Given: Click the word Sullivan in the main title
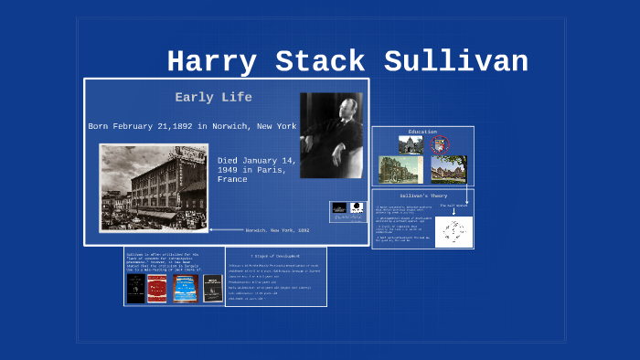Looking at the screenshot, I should tap(456, 62).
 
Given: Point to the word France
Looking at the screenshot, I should tap(233, 180).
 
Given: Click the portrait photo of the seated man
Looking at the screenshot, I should tap(330, 135).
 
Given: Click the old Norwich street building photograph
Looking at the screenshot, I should tap(154, 187).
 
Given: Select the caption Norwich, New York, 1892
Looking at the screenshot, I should tap(277, 230).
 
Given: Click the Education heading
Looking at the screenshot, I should tap(422, 132).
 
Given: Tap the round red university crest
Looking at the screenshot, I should tap(439, 144).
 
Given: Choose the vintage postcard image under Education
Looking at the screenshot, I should tap(395, 169).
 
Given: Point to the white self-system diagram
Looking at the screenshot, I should tap(453, 231).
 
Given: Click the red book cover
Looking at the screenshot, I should tap(157, 288).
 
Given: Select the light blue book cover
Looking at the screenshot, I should tap(187, 288).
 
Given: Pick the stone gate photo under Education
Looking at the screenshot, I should tap(411, 144).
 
